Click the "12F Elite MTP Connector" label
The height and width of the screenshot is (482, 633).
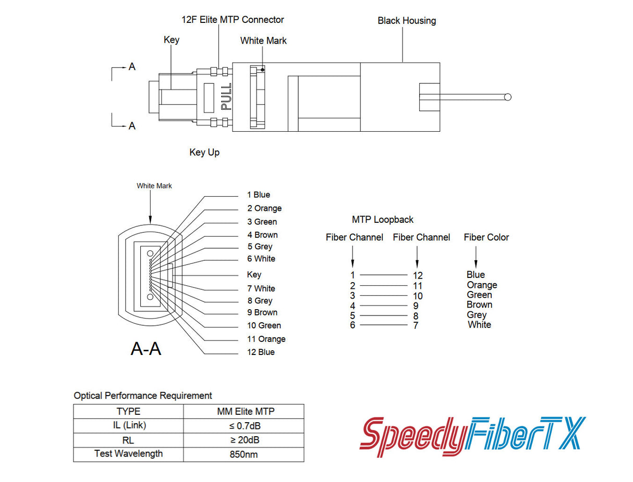point(233,20)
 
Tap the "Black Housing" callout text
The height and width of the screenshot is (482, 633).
point(407,21)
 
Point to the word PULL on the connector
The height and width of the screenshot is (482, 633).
point(226,96)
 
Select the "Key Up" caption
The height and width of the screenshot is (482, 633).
point(204,153)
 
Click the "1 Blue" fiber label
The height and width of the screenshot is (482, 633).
point(259,195)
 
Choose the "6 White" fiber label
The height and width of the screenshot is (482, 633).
point(261,259)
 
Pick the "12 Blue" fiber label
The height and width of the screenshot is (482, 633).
point(261,352)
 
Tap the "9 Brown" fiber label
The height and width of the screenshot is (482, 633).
point(262,312)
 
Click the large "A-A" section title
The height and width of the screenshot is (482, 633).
point(145,349)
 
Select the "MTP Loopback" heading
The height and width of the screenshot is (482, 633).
point(383,220)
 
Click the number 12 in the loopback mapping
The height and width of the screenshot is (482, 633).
point(418,275)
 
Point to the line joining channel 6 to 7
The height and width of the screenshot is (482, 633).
point(384,325)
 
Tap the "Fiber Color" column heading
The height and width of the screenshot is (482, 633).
point(486,237)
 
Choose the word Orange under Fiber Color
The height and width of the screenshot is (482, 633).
point(482,285)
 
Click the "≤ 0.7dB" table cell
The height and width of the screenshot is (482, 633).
point(244,425)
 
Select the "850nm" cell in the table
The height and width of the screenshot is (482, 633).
point(244,454)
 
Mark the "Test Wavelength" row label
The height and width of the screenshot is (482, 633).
point(128,453)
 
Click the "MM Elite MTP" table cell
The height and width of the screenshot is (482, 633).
point(244,411)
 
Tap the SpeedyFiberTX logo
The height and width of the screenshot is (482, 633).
point(472,434)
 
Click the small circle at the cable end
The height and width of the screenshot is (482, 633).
point(508,97)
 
